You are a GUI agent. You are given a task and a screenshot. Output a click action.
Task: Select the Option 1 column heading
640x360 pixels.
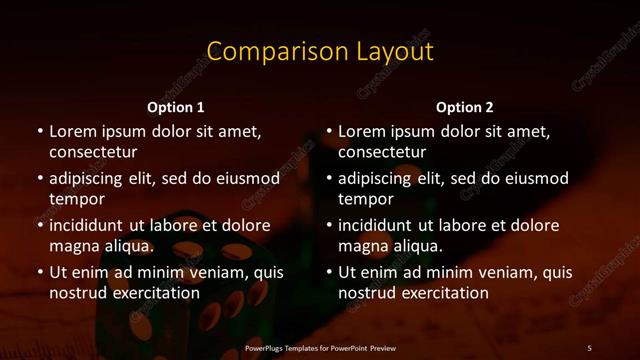pyautogui.click(x=176, y=107)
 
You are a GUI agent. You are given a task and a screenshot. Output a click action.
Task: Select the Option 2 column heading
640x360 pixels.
pyautogui.click(x=465, y=107)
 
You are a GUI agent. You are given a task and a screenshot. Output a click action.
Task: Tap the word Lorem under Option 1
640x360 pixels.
pyautogui.click(x=74, y=131)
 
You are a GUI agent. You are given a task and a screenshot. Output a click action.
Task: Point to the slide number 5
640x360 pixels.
pyautogui.click(x=589, y=347)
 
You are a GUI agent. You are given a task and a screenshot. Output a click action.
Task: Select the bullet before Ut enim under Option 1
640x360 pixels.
pyautogui.click(x=39, y=272)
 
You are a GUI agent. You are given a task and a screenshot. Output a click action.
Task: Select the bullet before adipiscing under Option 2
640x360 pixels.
pyautogui.click(x=329, y=178)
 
